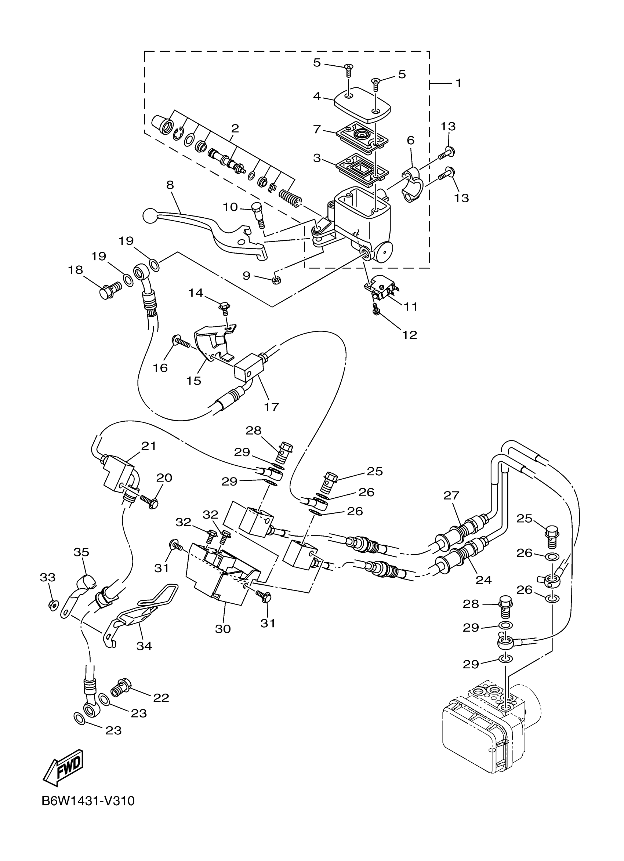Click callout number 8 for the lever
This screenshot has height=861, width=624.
tap(170, 185)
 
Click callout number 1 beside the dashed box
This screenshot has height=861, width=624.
tap(458, 83)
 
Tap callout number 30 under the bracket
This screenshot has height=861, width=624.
tap(223, 629)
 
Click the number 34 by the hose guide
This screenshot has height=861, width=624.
tap(144, 646)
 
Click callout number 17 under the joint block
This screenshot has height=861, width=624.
tap(271, 407)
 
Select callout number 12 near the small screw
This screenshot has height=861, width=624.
tap(410, 334)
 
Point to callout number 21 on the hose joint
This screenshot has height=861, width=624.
tap(149, 446)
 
